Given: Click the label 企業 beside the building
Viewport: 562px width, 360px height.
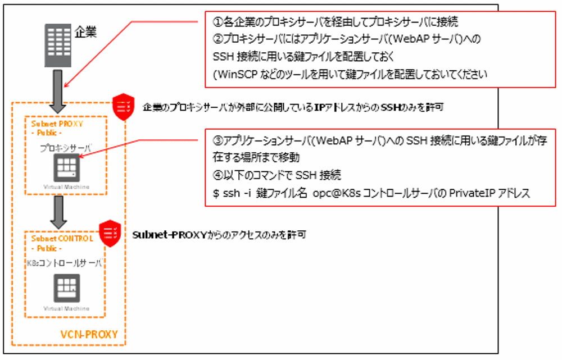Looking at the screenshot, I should coord(86,32).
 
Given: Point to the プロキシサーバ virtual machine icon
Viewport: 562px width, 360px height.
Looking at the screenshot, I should coord(66,167).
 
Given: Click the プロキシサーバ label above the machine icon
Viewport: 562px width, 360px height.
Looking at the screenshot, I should coord(66,147).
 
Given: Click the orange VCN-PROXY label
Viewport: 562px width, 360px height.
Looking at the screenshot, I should coord(89,335).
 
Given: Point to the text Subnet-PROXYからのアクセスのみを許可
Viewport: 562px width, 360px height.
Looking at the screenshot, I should coord(219,234).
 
